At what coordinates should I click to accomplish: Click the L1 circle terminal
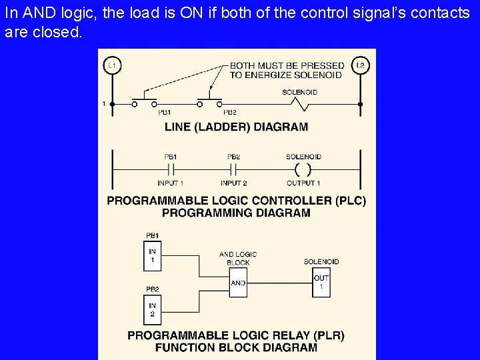(112, 65)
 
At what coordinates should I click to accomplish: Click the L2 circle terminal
(360, 65)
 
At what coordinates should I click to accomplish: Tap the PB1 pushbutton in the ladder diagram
(144, 103)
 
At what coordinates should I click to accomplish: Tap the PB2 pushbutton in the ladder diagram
(210, 103)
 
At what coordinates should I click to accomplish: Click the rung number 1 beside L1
(104, 103)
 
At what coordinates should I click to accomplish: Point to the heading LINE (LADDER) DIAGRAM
(237, 127)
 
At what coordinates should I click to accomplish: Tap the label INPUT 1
(171, 183)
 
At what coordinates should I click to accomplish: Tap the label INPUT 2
(234, 183)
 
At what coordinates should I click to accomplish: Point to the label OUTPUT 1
(303, 183)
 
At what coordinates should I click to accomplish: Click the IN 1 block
(153, 256)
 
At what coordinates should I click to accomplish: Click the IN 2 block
(153, 310)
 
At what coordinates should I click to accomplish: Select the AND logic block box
(238, 283)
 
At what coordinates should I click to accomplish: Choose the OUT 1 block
(321, 283)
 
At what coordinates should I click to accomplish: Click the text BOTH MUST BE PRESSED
(287, 65)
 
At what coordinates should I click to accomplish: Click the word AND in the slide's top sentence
(30, 13)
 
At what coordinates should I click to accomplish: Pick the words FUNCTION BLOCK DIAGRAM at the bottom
(236, 347)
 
